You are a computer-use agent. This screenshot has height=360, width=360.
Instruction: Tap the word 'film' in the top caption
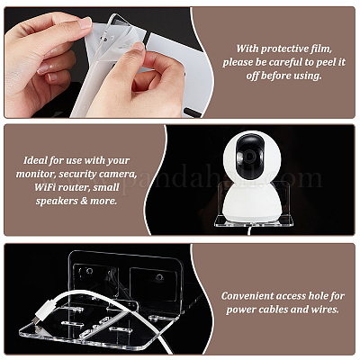tap(322, 49)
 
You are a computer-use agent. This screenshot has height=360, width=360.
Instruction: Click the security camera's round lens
tap(249, 157)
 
